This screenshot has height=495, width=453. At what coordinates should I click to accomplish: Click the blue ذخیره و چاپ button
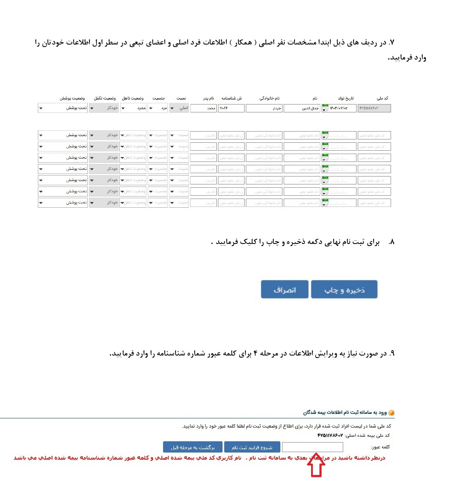(344, 289)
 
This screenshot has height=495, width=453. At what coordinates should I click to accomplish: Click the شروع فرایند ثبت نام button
(252, 447)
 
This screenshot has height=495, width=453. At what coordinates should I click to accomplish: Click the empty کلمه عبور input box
(312, 447)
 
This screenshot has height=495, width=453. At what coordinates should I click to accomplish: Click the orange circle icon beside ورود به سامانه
(391, 413)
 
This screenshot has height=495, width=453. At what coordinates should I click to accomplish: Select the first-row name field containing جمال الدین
(302, 108)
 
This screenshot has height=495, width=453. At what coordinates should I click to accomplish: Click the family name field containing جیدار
(264, 108)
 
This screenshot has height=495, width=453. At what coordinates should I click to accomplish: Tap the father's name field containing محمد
(203, 108)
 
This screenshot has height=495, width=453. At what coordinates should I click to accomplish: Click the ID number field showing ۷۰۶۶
(231, 108)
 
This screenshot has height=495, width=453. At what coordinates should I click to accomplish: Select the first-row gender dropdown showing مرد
(158, 108)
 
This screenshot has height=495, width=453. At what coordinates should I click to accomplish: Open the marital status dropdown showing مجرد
(133, 108)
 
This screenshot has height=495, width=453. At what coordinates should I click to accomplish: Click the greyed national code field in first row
(374, 108)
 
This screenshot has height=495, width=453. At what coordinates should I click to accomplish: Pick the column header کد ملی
(382, 98)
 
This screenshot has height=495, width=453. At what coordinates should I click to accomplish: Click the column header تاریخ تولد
(346, 98)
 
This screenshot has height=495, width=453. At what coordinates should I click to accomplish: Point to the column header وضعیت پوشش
(72, 98)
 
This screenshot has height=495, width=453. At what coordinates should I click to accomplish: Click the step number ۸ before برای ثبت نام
(391, 242)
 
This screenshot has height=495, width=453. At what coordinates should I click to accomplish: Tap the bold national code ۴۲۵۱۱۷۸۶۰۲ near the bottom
(330, 435)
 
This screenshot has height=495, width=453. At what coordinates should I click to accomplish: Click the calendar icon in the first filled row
(325, 108)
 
